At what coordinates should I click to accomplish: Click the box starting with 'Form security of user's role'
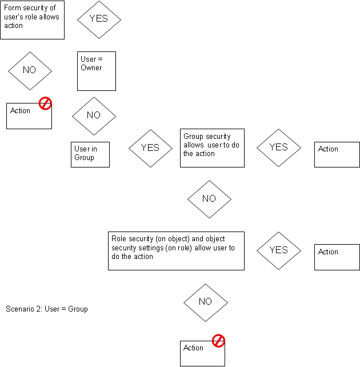[x=32, y=20]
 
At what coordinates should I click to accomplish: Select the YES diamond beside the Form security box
[x=99, y=18]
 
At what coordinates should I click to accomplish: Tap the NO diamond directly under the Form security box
[x=30, y=70]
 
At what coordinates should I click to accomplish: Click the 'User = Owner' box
[x=97, y=71]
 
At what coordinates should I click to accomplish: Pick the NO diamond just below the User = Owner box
[x=94, y=115]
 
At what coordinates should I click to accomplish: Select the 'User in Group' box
[x=90, y=154]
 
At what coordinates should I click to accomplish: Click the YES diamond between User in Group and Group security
[x=150, y=147]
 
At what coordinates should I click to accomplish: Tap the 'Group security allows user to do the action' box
[x=212, y=147]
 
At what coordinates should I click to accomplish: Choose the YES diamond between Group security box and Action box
[x=278, y=147]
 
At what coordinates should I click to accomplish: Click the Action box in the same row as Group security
[x=337, y=154]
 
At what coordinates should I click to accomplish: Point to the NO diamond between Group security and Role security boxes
[x=209, y=198]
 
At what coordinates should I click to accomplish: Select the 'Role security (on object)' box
[x=176, y=250]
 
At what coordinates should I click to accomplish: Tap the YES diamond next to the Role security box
[x=278, y=250]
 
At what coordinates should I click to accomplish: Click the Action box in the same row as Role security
[x=337, y=257]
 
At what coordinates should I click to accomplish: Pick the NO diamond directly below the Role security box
[x=206, y=301]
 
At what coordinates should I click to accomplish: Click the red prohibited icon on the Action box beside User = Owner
[x=45, y=103]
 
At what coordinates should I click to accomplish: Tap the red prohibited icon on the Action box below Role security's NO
[x=218, y=341]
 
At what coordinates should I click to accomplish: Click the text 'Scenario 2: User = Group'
[x=47, y=309]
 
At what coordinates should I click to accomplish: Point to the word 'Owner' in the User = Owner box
[x=91, y=68]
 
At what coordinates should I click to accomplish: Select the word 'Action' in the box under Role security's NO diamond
[x=194, y=348]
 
